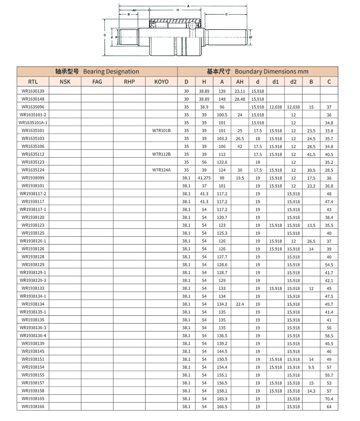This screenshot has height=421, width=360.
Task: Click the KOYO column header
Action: pyautogui.click(x=161, y=82)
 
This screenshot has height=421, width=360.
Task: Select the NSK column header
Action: pyautogui.click(x=65, y=82)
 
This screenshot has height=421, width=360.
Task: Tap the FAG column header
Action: pyautogui.click(x=97, y=82)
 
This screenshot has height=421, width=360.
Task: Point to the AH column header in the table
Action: pyautogui.click(x=240, y=82)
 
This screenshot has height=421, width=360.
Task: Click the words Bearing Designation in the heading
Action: pyautogui.click(x=111, y=71)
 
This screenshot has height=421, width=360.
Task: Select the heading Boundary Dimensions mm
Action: pyautogui.click(x=271, y=71)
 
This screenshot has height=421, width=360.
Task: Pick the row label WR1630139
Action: pyautogui.click(x=33, y=91)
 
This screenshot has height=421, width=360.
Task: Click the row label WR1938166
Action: pyautogui.click(x=33, y=407)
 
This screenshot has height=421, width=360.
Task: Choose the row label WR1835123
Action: pyautogui.click(x=33, y=162)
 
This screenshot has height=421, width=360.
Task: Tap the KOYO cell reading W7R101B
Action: pyautogui.click(x=161, y=131)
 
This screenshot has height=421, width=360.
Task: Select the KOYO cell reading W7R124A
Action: pyautogui.click(x=161, y=170)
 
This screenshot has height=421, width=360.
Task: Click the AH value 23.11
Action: pyautogui.click(x=240, y=91)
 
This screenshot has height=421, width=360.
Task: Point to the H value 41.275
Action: pyautogui.click(x=204, y=178)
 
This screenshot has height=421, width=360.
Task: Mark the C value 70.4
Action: pyautogui.click(x=329, y=399)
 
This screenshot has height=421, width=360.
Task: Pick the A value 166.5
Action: pyautogui.click(x=222, y=407)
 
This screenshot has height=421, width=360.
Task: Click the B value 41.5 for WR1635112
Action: pyautogui.click(x=311, y=154)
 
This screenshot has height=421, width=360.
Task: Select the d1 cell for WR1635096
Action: pyautogui.click(x=275, y=107)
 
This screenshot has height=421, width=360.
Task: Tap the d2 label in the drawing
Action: pyautogui.click(x=251, y=37)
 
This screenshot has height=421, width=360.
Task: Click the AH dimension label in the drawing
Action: pyautogui.click(x=134, y=10)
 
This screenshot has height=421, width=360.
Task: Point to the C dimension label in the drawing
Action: pyautogui.click(x=226, y=14)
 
